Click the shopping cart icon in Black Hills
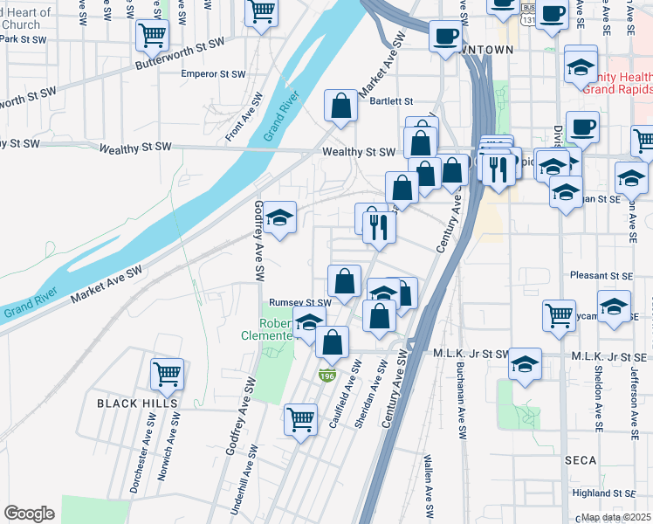[167, 374]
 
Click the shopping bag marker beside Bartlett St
[341, 107]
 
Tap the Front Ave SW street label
[235, 126]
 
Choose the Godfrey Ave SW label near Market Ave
[258, 241]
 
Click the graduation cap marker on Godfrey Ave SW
[280, 218]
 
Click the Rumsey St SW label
[300, 302]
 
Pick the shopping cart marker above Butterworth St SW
[152, 36]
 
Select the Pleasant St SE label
[601, 276]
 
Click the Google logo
[29, 514]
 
